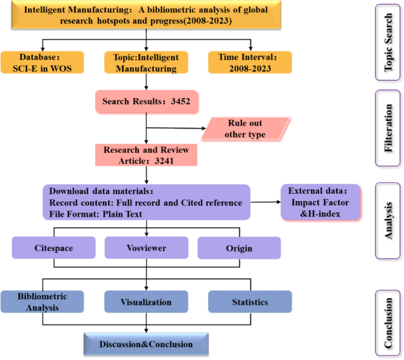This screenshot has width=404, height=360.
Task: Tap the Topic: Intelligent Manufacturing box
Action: pyautogui.click(x=145, y=62)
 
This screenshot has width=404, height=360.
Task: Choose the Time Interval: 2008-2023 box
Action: pyautogui.click(x=251, y=62)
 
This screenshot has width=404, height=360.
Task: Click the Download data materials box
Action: pyautogui.click(x=146, y=202)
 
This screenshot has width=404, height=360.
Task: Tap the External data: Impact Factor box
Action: pyautogui.click(x=319, y=202)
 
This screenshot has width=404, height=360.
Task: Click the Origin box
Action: pyautogui.click(x=238, y=248)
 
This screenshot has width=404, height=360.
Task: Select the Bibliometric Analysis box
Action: pyautogui.click(x=41, y=302)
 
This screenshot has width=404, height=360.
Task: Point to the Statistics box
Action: pyautogui.click(x=249, y=302)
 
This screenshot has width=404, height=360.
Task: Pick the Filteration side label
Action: pyautogui.click(x=389, y=129)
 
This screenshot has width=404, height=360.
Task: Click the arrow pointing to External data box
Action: pyautogui.click(x=265, y=202)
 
